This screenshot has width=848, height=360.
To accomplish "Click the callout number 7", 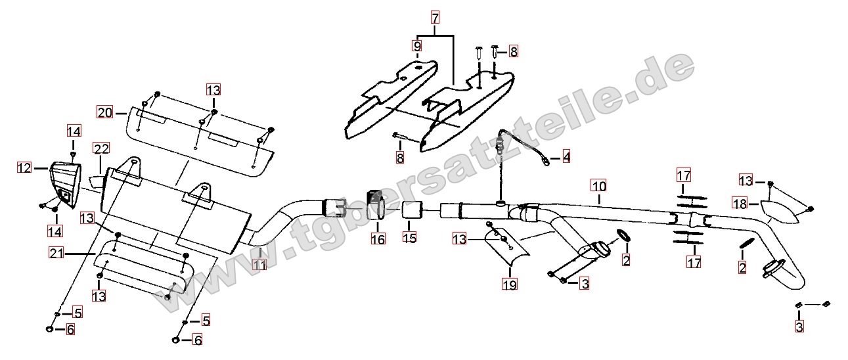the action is click(435, 18).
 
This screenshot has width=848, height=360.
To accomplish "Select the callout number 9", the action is click(417, 46).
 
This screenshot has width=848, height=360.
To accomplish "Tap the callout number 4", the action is click(566, 157).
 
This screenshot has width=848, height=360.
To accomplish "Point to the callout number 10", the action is click(599, 187).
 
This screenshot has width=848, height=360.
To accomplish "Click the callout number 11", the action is click(260, 265).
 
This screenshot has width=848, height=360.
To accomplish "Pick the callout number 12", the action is click(24, 168).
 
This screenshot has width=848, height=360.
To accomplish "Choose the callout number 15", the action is click(410, 238).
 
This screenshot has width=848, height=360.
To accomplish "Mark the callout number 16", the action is click(378, 239).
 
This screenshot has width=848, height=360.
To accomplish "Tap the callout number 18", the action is click(740, 204).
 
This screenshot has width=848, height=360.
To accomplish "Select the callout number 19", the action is click(510, 284).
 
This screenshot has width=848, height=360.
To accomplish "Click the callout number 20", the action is click(105, 112).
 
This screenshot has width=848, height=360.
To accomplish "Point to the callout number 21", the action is click(56, 253).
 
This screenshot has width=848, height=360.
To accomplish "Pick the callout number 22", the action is click(101, 148).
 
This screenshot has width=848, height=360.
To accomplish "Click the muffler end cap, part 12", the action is click(65, 185).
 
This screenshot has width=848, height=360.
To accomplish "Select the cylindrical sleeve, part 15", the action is click(412, 210).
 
